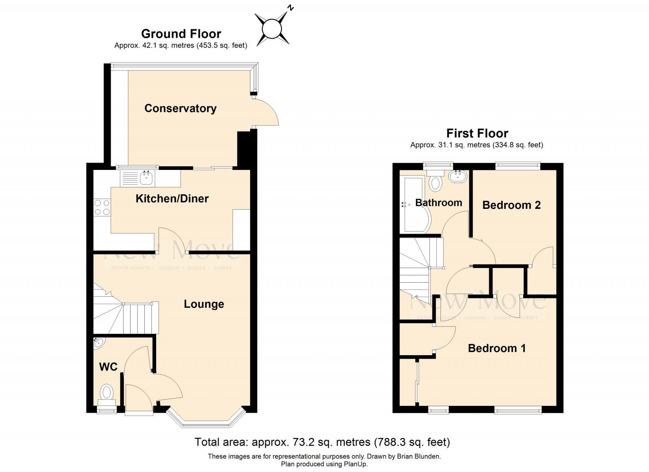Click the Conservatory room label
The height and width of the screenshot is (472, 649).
coord(181,108)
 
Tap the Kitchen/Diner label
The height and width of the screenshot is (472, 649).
coord(172,198)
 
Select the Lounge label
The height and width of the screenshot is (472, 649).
coord(204,304)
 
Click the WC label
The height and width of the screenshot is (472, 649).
coord(108,367)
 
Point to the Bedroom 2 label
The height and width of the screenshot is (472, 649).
coord(511,205)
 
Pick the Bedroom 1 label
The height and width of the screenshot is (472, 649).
coord(496,348)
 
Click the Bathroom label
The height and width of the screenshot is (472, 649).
coord(438,203)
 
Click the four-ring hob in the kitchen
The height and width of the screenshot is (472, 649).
coord(102,207)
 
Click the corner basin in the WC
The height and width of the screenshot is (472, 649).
coord(98,343)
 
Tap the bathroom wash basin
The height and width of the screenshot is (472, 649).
coord(458,176)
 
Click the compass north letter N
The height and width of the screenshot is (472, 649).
coord(290,7)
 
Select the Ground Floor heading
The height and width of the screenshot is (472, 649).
coord(181,34)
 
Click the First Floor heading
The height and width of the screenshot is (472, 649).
coord(477,133)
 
